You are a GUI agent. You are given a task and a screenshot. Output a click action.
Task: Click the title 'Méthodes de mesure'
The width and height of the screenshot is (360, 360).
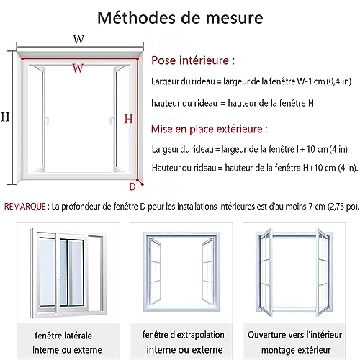(180, 17)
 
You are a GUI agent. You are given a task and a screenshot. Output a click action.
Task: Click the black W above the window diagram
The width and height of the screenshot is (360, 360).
(78, 40)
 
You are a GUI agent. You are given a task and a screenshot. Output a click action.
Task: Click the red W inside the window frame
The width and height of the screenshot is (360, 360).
(78, 68)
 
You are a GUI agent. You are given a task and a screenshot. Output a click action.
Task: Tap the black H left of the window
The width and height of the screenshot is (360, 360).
(5, 117)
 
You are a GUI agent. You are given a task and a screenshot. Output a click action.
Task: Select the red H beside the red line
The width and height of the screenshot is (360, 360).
(128, 119)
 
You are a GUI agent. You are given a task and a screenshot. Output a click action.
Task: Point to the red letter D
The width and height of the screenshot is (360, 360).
(132, 186)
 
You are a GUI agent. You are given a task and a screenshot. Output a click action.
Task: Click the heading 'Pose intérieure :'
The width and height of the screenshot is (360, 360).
(193, 60)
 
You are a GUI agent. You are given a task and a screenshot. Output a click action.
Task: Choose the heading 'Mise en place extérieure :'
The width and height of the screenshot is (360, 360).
(210, 129)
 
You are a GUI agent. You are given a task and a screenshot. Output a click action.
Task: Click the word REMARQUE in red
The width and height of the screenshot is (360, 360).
(25, 207)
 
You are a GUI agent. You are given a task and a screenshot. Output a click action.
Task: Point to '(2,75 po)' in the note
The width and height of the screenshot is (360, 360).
(343, 207)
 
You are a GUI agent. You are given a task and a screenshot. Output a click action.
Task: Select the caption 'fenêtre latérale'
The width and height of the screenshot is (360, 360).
(63, 336)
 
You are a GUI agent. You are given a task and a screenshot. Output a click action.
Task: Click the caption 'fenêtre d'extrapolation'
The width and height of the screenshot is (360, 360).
(184, 334)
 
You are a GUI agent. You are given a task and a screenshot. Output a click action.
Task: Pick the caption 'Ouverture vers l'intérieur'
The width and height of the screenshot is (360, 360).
(294, 334)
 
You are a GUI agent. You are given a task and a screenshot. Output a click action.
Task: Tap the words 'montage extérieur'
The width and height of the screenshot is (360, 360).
(296, 350)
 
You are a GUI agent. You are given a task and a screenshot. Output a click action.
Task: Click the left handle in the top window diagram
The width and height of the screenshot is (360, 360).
(47, 120)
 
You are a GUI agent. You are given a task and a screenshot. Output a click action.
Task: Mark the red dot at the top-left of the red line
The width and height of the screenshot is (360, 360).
(22, 59)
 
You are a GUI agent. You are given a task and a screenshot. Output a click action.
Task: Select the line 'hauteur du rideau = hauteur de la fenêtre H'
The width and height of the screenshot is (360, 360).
(233, 103)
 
